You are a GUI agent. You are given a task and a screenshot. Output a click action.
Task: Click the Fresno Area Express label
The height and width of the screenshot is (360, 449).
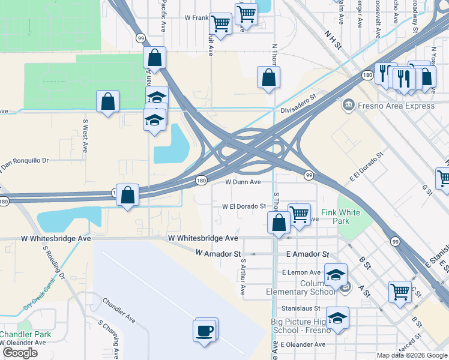tap(396, 106)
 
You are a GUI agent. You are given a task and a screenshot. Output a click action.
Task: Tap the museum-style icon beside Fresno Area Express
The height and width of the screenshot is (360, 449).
tap(348, 106)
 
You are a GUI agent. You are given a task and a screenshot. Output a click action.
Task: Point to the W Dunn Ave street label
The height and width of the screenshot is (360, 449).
tap(243, 182)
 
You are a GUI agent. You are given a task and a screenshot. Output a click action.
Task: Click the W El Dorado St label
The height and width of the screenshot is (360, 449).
tap(244, 206)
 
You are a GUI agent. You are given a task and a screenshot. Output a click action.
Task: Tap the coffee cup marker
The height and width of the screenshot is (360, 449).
tap(205, 330)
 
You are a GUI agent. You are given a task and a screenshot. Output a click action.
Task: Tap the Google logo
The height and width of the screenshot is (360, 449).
tap(20, 353)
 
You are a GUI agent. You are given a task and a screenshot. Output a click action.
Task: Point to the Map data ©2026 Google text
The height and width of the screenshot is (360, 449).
tap(412, 355)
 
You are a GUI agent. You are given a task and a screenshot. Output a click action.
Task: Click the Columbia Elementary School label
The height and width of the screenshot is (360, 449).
tap(301, 287)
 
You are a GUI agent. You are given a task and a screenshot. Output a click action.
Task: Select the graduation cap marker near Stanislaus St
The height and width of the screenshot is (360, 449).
tap(337, 318)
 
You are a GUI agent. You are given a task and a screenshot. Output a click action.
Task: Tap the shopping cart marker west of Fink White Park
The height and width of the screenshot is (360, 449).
tap(298, 214)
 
